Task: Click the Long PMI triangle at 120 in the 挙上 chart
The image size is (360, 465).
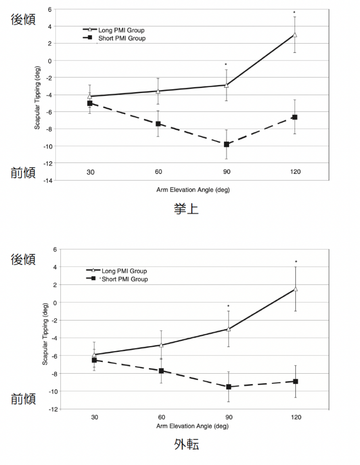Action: tap(295, 35)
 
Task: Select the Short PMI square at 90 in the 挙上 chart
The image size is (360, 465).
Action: tap(226, 144)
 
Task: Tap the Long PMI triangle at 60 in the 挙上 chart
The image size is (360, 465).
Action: tap(158, 91)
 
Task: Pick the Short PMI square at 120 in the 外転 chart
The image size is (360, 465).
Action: tap(295, 381)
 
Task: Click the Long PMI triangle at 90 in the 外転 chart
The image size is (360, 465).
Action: tap(229, 329)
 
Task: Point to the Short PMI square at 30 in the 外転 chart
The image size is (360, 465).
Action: tap(94, 360)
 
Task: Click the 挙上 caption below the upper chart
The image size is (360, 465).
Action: tap(186, 209)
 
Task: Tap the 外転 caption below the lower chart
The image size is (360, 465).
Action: tap(186, 444)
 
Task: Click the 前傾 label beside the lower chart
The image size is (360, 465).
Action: tap(23, 399)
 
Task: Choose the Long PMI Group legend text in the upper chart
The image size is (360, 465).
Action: tap(122, 30)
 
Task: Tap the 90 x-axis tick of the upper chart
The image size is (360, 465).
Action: tap(226, 172)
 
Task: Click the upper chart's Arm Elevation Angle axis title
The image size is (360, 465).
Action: tap(192, 189)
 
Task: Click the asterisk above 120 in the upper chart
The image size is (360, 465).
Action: tap(295, 12)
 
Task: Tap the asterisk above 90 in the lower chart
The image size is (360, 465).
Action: tap(229, 306)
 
